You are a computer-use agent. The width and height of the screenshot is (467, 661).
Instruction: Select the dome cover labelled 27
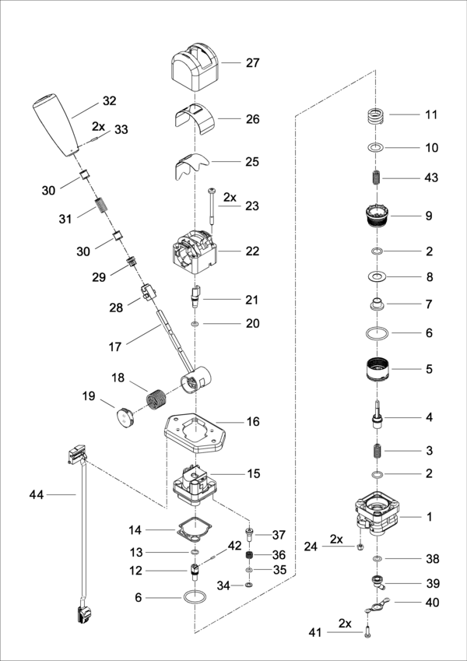tap(194, 68)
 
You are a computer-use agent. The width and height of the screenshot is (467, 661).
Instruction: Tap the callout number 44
tap(37, 494)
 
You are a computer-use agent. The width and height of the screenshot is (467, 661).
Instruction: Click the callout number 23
tap(251, 206)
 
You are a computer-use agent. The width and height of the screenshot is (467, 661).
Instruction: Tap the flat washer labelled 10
tap(376, 147)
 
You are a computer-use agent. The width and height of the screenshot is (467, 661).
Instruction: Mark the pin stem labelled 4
tap(377, 415)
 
